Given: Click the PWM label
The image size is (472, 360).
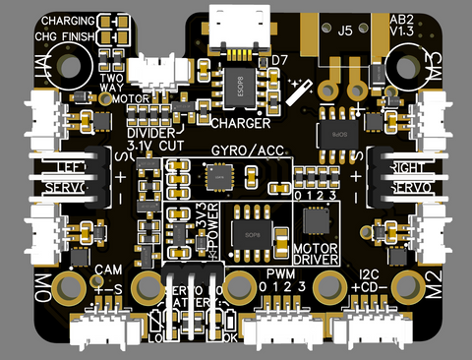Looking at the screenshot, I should tap(281, 271).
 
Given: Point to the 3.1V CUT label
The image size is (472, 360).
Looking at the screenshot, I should tap(156, 146).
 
